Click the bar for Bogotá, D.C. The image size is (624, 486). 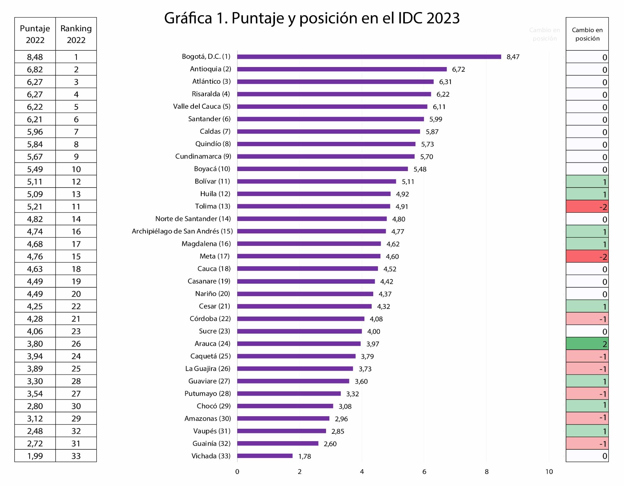click(369, 57)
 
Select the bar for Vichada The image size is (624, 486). click(265, 456)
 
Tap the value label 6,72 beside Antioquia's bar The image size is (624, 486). click(458, 69)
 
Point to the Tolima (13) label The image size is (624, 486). click(213, 206)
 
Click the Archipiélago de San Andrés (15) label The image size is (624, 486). click(182, 231)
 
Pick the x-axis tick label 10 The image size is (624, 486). click(549, 472)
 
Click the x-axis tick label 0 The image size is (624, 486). click(237, 472)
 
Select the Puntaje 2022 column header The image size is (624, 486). click(35, 34)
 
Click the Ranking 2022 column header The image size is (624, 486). click(76, 34)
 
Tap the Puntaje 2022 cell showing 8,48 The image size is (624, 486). click(35, 57)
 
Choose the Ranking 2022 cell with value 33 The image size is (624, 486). click(76, 456)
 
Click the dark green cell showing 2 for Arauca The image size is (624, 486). click(587, 344)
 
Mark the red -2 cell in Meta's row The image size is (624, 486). click(587, 256)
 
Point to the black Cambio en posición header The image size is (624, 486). click(587, 34)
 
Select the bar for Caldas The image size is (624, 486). click(328, 132)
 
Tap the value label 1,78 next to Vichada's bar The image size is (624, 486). click(305, 456)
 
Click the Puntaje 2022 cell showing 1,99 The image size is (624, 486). click(35, 456)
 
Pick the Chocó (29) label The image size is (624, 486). click(214, 406)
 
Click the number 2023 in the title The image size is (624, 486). click(443, 18)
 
